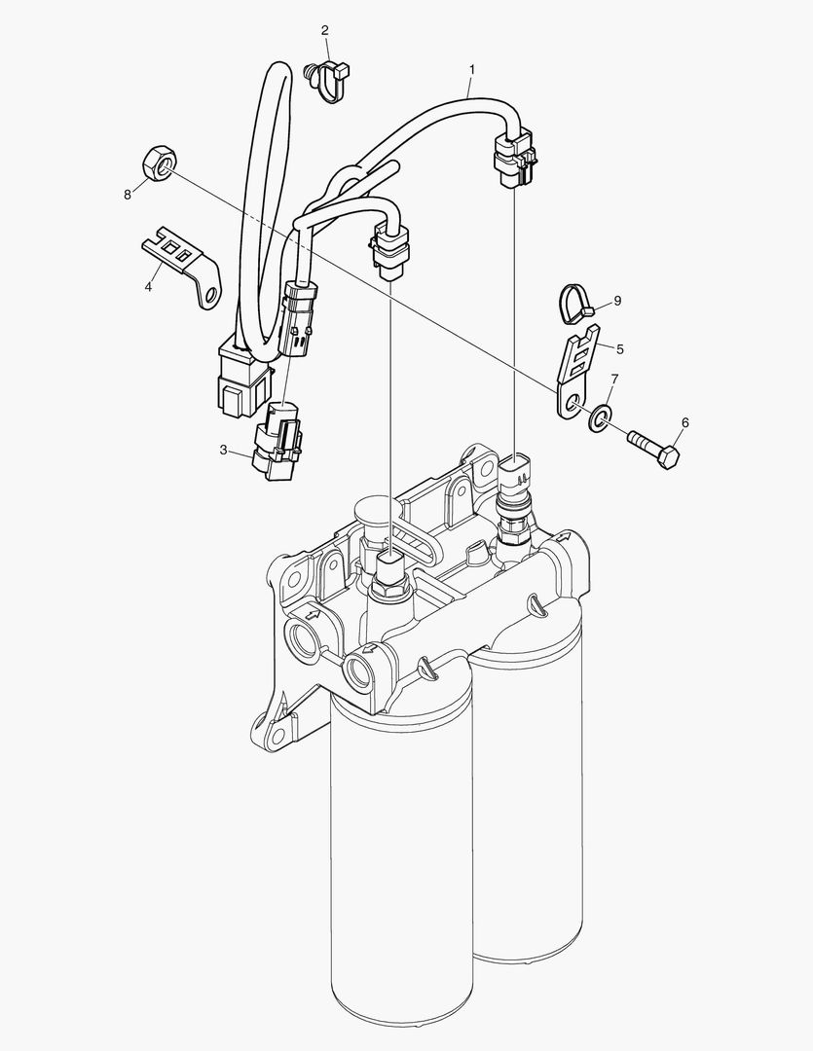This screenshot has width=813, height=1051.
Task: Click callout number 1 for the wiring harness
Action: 471,70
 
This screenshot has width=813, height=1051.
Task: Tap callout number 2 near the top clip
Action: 325,30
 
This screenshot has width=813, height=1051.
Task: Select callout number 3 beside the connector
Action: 223,451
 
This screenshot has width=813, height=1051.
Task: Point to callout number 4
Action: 148,287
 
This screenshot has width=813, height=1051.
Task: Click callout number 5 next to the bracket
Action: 620,346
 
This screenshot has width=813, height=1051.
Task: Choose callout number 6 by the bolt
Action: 684,422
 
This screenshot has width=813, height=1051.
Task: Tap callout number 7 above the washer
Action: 613,377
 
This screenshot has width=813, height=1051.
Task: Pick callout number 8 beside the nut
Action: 127,195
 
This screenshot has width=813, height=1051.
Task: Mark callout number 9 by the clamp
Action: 616,301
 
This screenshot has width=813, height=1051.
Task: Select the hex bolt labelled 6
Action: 651,447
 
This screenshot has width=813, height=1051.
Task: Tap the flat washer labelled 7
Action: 598,417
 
